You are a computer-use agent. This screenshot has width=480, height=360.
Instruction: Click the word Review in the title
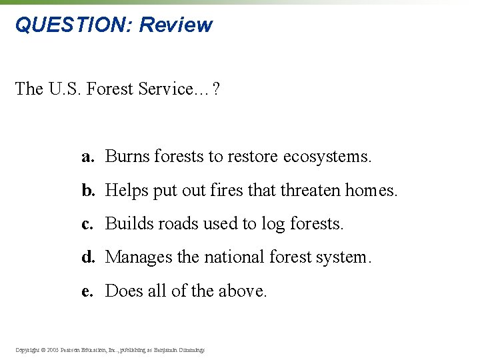176,25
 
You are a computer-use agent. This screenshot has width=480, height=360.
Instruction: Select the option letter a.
87,157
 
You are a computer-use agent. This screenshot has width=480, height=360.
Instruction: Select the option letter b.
87,191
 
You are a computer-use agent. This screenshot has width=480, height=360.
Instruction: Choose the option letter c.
87,224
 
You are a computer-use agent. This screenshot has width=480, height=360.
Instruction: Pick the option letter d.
87,257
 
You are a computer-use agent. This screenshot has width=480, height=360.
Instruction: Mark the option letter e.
87,291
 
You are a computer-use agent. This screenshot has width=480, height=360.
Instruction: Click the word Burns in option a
127,157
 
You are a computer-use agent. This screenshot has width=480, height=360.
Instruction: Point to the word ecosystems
327,157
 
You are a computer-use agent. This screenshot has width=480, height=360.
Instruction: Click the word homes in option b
371,191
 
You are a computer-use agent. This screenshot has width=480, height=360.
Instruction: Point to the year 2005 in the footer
52,349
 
